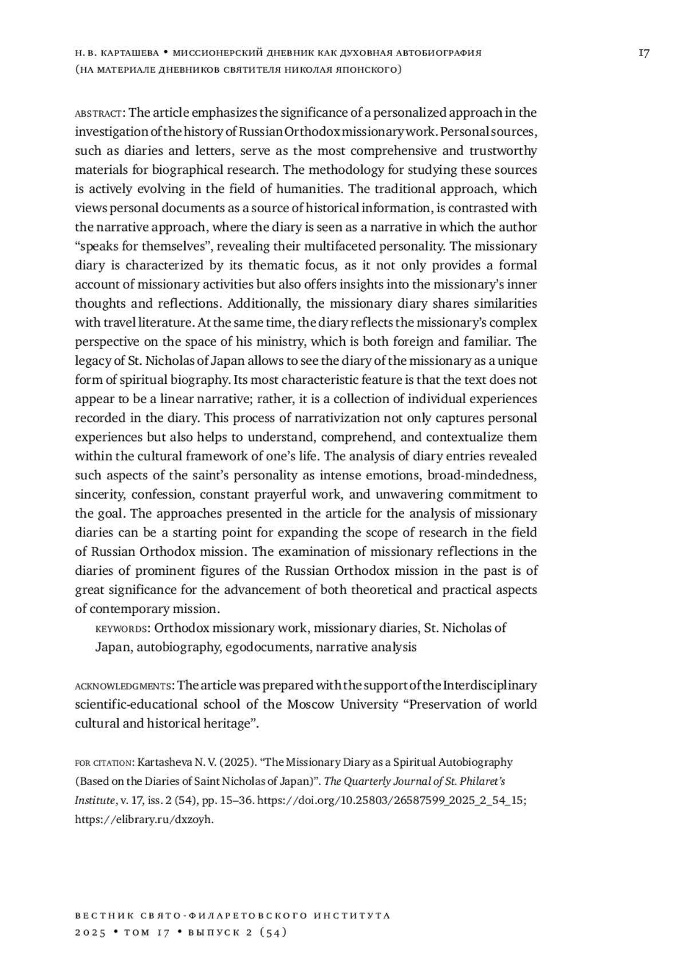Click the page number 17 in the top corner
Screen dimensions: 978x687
pyautogui.click(x=643, y=53)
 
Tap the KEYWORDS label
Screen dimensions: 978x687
pyautogui.click(x=121, y=629)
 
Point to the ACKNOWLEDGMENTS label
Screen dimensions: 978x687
pyautogui.click(x=123, y=686)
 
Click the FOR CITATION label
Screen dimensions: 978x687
pyautogui.click(x=104, y=763)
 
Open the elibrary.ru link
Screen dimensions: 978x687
pyautogui.click(x=144, y=819)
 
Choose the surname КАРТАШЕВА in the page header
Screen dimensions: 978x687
pyautogui.click(x=129, y=53)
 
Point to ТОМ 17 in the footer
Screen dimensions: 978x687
pyautogui.click(x=147, y=932)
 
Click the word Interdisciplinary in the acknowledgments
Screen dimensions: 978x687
pyautogui.click(x=490, y=685)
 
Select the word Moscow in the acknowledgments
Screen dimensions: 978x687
pyautogui.click(x=311, y=704)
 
